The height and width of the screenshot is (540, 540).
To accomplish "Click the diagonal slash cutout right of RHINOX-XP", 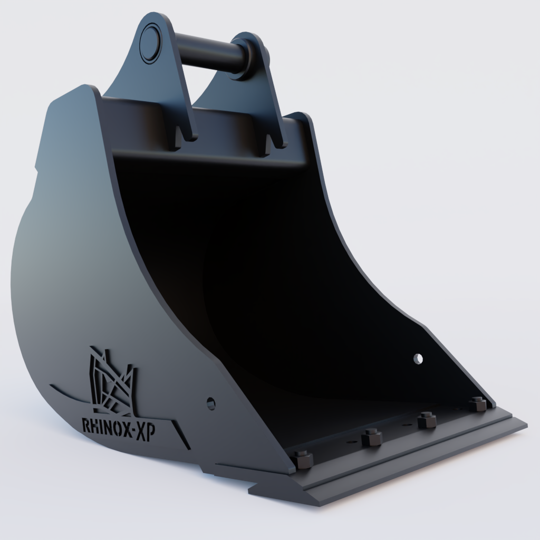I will coord(182,435).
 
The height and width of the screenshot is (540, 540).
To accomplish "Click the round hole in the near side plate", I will coord(211,403).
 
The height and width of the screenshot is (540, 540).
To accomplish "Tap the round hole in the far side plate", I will coord(418,359).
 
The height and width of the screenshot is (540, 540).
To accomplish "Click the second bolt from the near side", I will coord(372,437).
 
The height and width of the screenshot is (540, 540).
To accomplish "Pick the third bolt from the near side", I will coord(426,420).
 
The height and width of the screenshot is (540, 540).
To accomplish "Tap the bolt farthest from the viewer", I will coord(477,404).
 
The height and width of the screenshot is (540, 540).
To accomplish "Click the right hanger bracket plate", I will coord(266,105).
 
